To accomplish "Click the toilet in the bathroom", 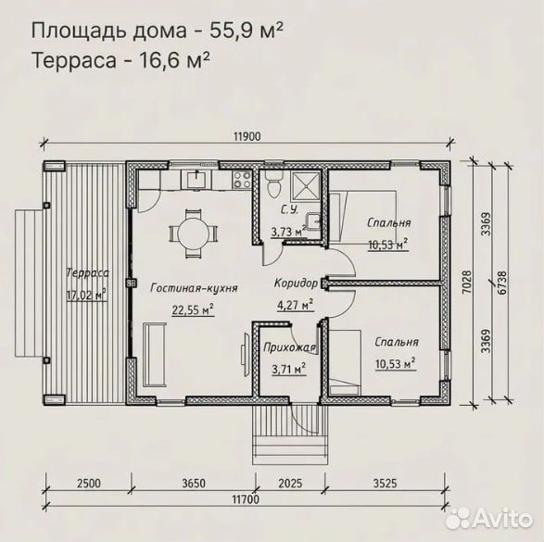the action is pos(273,184).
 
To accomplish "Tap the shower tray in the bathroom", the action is pos(305,186).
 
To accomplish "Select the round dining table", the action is pos(194,233).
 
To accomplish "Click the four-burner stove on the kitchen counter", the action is pos(242,180).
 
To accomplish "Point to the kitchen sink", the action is pos(197,180).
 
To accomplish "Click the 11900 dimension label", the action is pos(247,137).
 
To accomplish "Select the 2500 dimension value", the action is pos(89,483).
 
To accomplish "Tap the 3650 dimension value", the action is pos(194,483).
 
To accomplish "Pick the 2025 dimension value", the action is pos(290,483).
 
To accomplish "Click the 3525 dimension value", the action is pos(385,483).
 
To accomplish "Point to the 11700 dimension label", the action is pos(246,499).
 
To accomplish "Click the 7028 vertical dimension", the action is pos(467,283).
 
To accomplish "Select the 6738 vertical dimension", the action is pos(501,283).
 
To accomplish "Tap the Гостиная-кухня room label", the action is pos(195,288).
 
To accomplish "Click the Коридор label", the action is pos(296,284).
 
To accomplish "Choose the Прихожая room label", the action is pos(290,347).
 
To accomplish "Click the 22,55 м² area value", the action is pos(193,309).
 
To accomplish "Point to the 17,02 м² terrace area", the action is pos(86,296).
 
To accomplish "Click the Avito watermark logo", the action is pos(489,519).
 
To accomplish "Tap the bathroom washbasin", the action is pos(313,221).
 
